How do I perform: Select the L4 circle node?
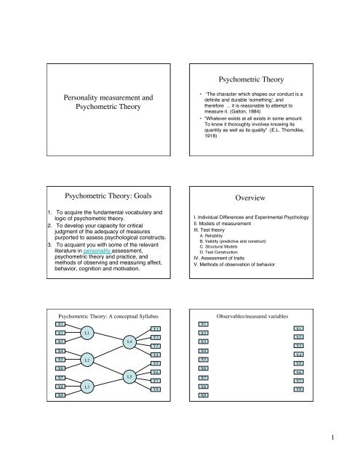(x=129, y=360)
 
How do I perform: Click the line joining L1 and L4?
(x=108, y=357)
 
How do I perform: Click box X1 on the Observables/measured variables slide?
(x=204, y=344)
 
